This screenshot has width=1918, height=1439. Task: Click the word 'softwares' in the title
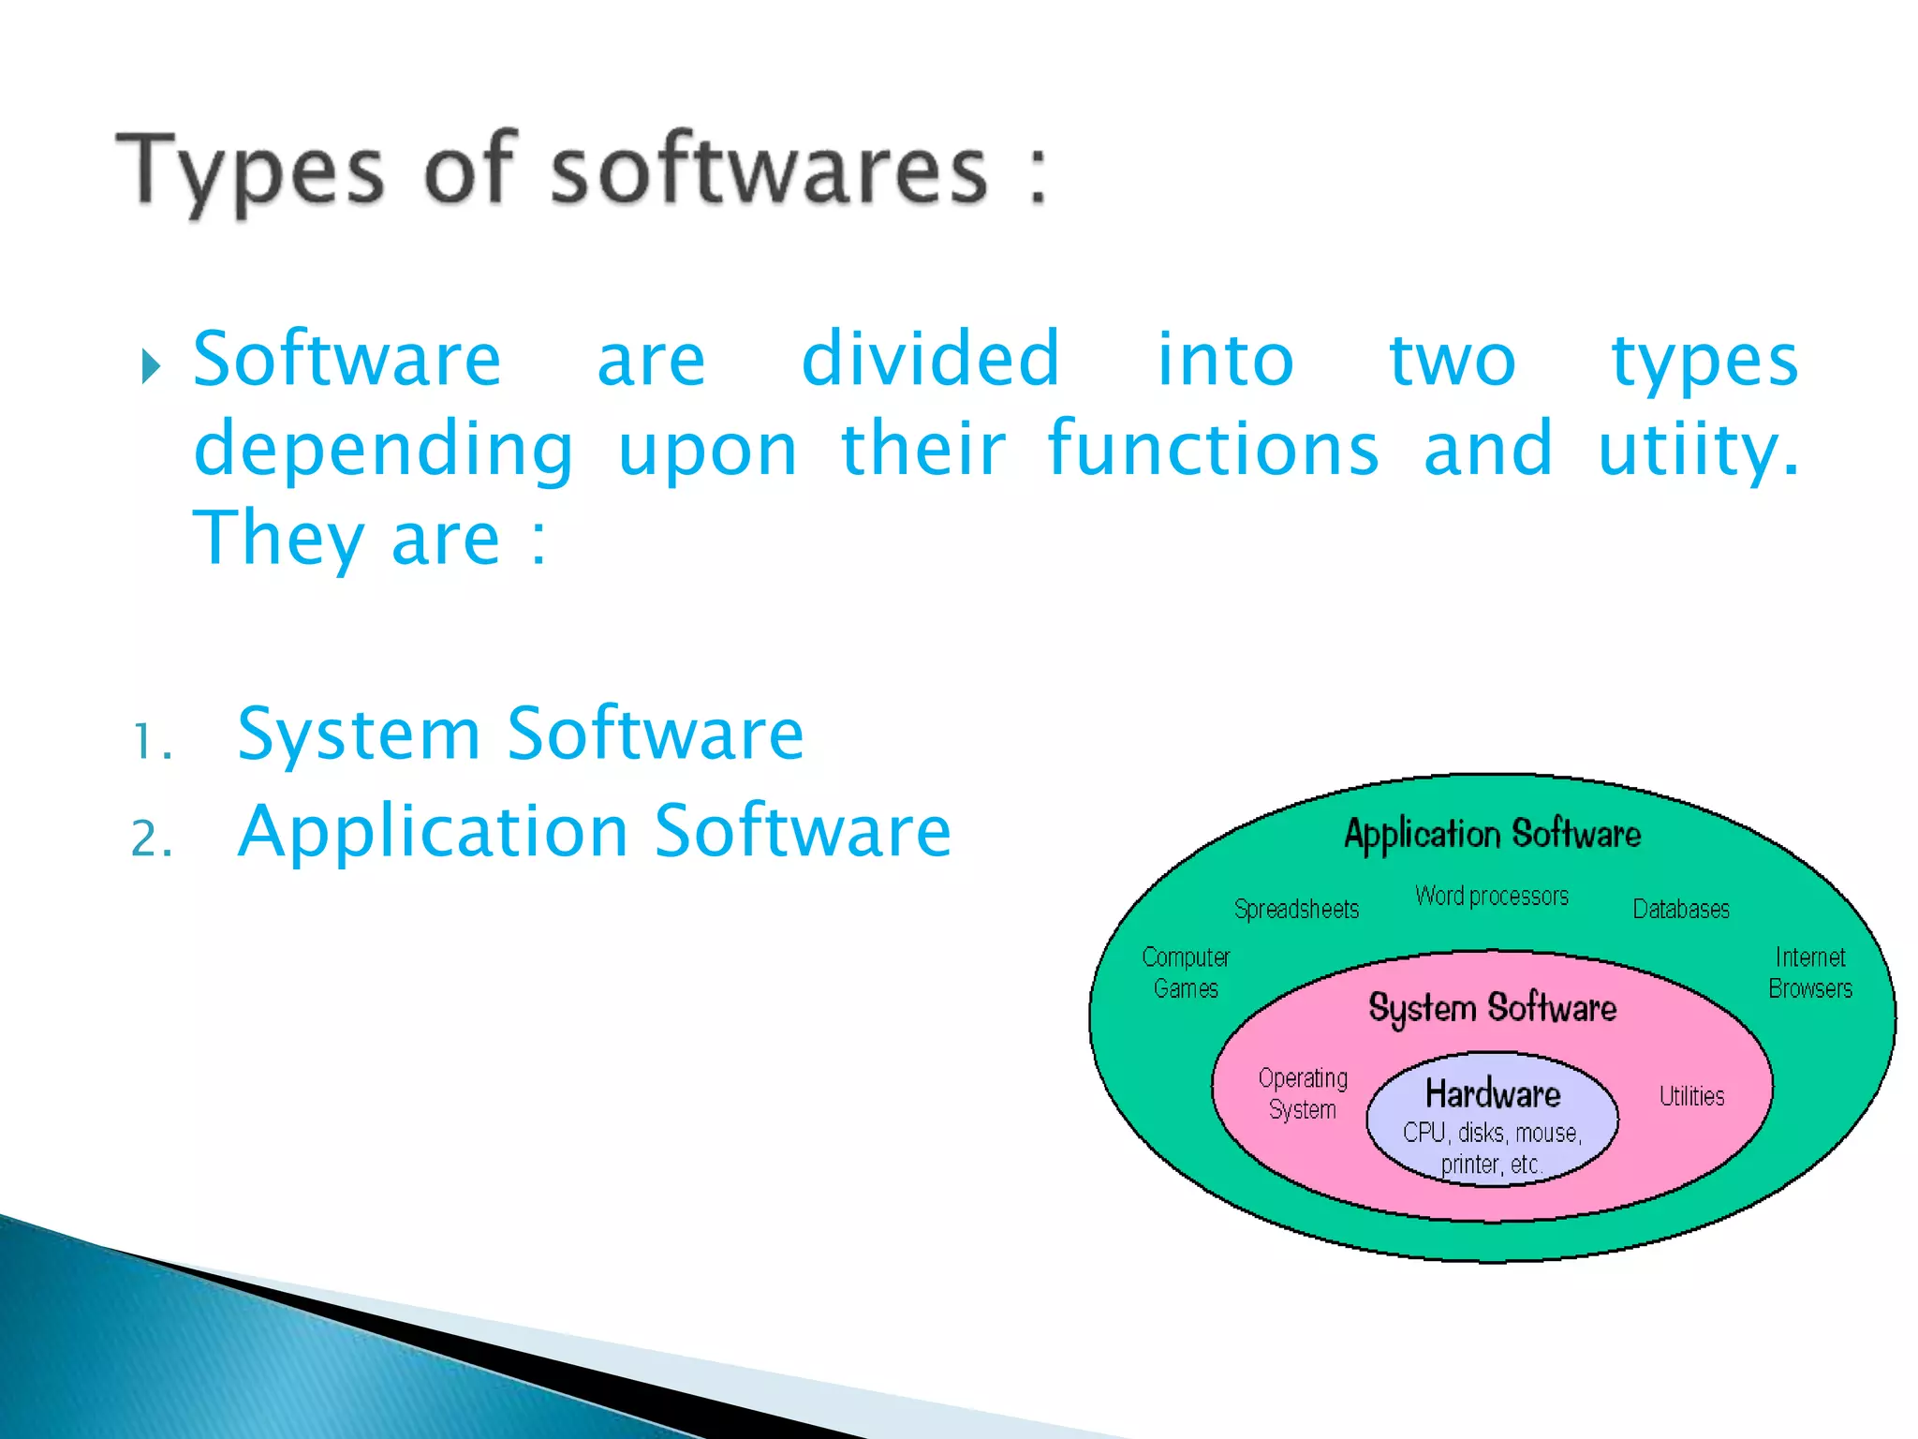click(768, 171)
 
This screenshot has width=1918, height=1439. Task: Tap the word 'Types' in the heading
click(249, 172)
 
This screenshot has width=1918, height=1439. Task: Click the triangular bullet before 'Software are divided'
click(151, 366)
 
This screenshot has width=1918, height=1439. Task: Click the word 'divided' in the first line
click(930, 360)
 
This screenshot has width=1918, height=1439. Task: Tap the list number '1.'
click(153, 743)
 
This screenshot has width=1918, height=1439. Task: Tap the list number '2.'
click(153, 838)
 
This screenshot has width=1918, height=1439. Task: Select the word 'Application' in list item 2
click(433, 832)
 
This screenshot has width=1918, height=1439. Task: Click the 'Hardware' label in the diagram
click(1493, 1093)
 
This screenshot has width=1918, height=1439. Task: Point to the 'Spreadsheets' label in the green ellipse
click(1296, 909)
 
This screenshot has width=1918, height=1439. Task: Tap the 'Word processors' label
click(1491, 896)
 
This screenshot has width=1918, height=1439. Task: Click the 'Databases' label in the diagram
click(1681, 909)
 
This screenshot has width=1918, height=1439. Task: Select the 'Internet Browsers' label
click(1809, 972)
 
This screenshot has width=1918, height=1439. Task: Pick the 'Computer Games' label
click(1186, 972)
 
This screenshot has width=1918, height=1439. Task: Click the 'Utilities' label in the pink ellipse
click(1691, 1096)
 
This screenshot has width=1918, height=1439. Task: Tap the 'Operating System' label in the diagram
click(1303, 1093)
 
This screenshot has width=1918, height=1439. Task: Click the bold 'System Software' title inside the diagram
click(1492, 1008)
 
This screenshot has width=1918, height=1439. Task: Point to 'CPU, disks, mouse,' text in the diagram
click(1492, 1133)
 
